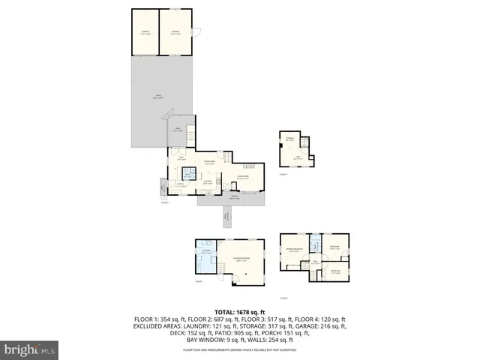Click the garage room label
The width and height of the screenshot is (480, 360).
pos(145,32)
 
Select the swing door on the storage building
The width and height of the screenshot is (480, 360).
pos(198,31)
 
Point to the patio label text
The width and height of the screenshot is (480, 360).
pos(159,97)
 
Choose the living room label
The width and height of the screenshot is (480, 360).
pos(243,176)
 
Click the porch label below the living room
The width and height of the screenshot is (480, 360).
pos(234,197)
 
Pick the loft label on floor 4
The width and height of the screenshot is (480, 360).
pos(297,158)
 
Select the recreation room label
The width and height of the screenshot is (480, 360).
pos(241,259)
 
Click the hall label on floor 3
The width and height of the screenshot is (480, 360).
pos(316,262)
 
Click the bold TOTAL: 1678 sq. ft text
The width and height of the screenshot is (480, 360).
pos(239,311)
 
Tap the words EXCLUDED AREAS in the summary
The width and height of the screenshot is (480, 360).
pos(158,326)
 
